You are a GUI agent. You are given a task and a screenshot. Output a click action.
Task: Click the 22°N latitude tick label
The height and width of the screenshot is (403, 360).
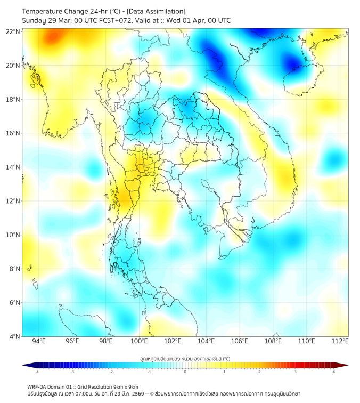13,31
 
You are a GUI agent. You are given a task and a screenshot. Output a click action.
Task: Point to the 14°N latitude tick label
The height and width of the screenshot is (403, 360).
13,167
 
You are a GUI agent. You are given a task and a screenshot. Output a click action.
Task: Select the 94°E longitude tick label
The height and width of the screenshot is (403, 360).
39,342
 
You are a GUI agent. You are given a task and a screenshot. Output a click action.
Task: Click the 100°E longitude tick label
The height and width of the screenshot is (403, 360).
139,342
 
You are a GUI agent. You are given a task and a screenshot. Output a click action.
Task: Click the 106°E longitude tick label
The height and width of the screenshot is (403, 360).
240,342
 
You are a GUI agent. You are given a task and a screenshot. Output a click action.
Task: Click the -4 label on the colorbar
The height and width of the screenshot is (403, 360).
37,372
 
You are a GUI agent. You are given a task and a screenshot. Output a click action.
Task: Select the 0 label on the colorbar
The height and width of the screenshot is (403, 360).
185,372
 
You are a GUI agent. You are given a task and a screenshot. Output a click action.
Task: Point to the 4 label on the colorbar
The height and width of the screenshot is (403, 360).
334,372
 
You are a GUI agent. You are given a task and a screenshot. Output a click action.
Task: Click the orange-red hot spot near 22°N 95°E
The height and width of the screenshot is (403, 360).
52,37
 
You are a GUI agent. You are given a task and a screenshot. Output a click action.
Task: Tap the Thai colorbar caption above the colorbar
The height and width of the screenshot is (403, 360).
185,359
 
